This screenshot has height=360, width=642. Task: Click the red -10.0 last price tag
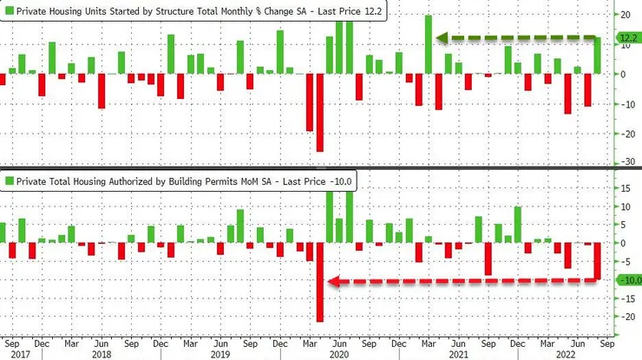[x=628, y=279]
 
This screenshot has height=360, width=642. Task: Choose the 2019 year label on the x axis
[x=220, y=354]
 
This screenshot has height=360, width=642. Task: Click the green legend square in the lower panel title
[x=9, y=180]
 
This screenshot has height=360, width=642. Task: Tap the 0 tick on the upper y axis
[x=619, y=74]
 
